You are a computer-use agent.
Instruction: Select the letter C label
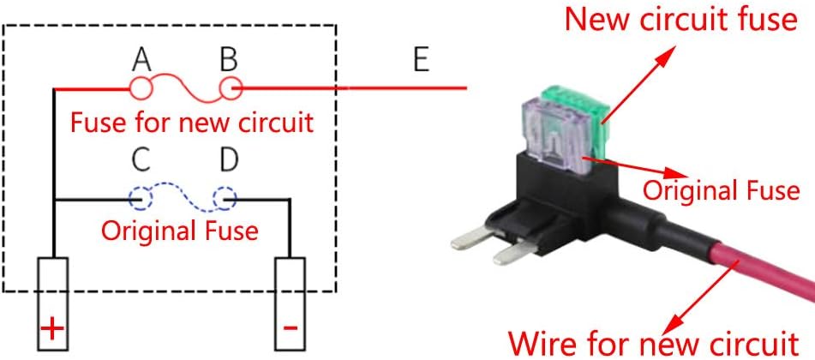click(142, 160)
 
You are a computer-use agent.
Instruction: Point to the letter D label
click(229, 160)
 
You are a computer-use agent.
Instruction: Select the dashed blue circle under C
click(141, 198)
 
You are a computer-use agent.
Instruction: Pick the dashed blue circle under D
click(225, 198)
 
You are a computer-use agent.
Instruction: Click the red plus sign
click(52, 328)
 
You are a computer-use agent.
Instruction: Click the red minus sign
click(290, 328)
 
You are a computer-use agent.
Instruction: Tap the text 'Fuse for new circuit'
click(192, 123)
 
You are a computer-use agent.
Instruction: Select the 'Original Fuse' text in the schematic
click(180, 231)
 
